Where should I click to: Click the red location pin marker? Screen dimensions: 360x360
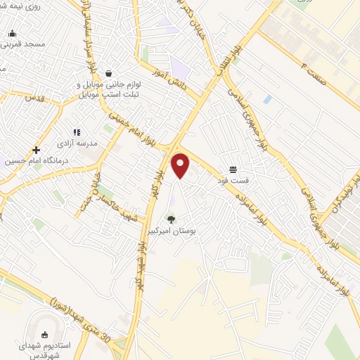(181, 165)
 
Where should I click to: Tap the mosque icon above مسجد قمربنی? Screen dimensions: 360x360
(13, 33)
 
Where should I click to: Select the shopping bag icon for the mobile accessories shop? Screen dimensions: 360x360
(108, 72)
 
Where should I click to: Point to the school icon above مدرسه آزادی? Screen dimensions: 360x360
(77, 131)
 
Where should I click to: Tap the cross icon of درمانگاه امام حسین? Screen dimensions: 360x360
(36, 150)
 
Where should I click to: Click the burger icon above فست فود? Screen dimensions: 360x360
(233, 169)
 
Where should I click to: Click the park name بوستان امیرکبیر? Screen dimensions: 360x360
(171, 229)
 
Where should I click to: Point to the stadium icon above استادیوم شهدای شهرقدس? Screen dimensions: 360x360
(48, 334)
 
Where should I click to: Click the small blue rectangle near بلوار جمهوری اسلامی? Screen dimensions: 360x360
(268, 99)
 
